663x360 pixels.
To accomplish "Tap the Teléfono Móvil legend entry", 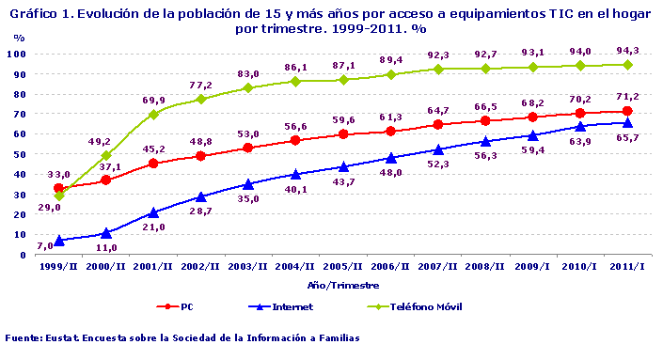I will click(420, 306).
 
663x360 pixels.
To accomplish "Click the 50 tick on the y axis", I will click(29, 154).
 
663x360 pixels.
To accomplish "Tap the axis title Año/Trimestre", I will click(341, 284).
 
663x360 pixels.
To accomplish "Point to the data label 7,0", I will click(45, 246).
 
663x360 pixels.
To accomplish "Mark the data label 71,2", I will click(626, 96).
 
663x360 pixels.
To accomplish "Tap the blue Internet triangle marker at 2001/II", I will click(153, 212).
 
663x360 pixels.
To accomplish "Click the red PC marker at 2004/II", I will click(296, 141).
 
